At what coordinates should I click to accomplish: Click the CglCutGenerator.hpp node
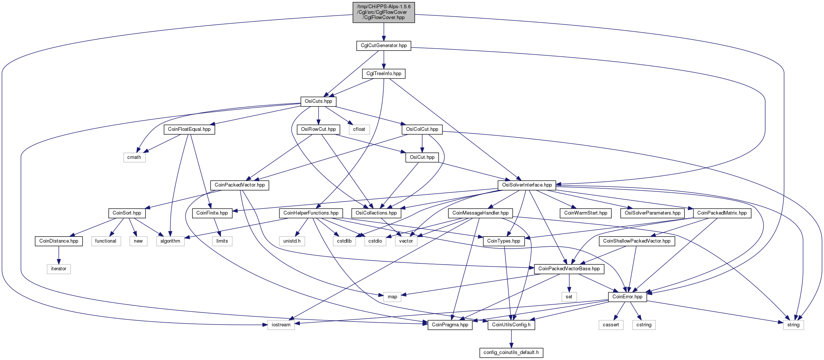point(384,46)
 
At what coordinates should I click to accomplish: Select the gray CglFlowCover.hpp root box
point(384,12)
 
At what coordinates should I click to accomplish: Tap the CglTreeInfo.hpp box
point(384,74)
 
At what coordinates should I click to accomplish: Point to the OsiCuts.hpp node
point(318,101)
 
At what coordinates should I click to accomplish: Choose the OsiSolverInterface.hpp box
point(527,185)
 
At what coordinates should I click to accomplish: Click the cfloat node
point(359,129)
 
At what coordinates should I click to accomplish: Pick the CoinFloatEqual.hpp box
point(189,129)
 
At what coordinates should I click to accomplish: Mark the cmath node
point(134,157)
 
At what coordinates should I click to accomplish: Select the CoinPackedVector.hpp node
point(240,185)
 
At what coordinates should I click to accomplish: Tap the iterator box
point(59,269)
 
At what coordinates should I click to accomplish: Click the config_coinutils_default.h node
point(511,353)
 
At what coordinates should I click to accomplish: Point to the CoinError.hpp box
point(627,297)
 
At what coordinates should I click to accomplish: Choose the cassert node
point(611,325)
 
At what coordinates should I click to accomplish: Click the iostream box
point(281,325)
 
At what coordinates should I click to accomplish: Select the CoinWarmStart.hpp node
point(585,213)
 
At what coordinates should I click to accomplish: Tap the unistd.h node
point(292,241)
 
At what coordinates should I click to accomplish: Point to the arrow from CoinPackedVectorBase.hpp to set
point(569,283)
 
